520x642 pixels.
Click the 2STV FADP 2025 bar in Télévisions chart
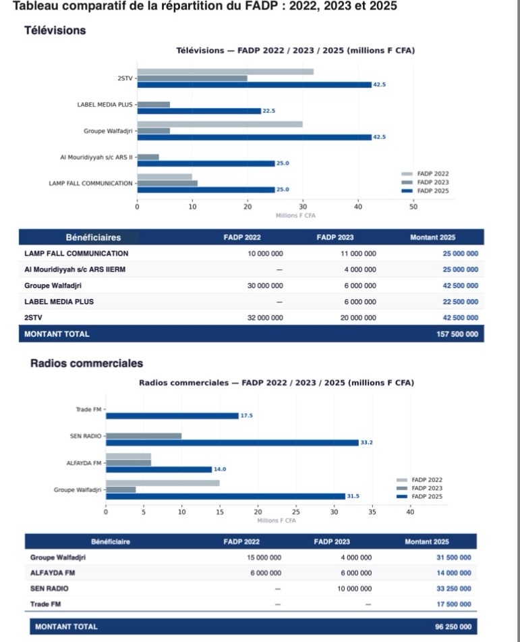pyautogui.click(x=254, y=84)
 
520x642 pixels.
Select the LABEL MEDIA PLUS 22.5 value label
pyautogui.click(x=268, y=111)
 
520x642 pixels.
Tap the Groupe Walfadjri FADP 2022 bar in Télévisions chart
pyautogui.click(x=220, y=124)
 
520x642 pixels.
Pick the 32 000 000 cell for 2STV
pyautogui.click(x=264, y=317)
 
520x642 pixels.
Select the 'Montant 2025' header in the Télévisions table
pyautogui.click(x=432, y=237)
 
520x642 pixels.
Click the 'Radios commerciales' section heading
pyautogui.click(x=86, y=363)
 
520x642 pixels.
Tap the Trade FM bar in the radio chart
pyautogui.click(x=172, y=416)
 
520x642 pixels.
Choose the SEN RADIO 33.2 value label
pyautogui.click(x=367, y=443)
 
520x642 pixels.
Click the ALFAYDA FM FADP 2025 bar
pyautogui.click(x=158, y=469)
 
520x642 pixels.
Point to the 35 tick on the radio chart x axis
pyautogui.click(x=372, y=512)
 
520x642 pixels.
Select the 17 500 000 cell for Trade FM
pyautogui.click(x=453, y=604)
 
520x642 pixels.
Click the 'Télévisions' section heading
pyautogui.click(x=55, y=30)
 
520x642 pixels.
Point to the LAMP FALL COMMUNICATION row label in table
pyautogui.click(x=76, y=254)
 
